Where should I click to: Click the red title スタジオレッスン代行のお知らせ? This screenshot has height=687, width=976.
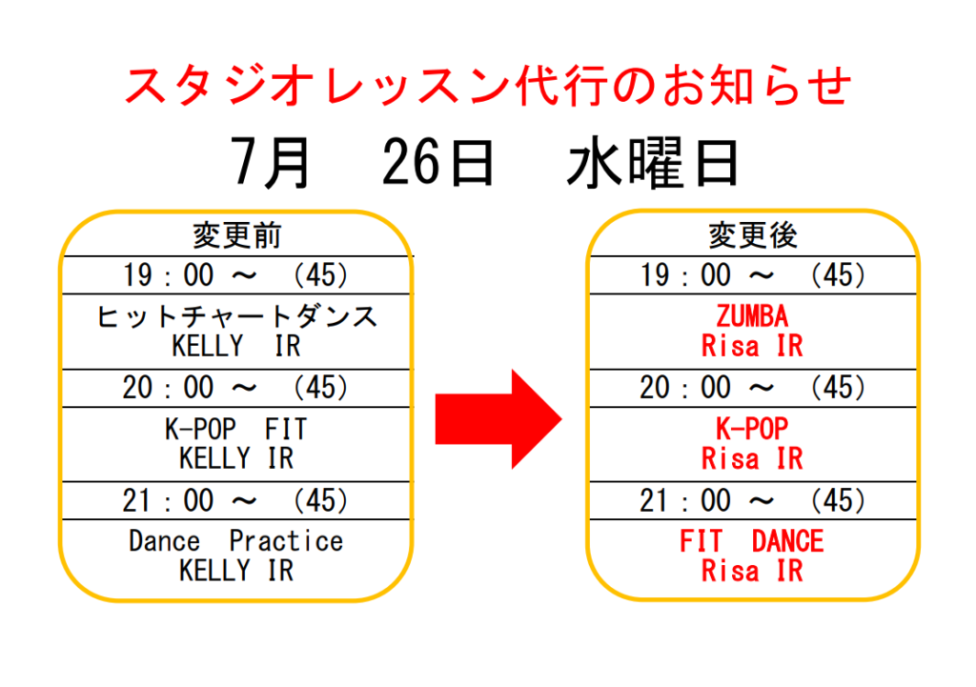(x=488, y=85)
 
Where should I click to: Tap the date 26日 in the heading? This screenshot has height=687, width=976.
(x=438, y=162)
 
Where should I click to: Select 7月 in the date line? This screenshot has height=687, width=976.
(x=270, y=162)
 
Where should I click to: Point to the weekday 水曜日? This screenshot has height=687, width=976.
(x=653, y=163)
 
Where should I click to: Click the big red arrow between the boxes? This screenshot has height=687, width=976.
(x=498, y=419)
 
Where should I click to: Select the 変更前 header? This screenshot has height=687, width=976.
(x=236, y=235)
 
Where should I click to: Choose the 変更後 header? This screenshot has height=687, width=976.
(x=753, y=235)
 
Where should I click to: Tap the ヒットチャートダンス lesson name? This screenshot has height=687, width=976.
(x=236, y=316)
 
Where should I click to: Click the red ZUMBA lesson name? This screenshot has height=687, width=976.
(x=753, y=316)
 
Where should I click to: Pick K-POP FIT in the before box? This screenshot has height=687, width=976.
(x=236, y=430)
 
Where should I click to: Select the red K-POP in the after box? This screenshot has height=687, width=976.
(x=753, y=429)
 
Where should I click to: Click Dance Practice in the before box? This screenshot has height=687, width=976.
(x=236, y=541)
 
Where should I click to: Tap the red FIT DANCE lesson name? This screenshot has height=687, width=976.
(x=752, y=541)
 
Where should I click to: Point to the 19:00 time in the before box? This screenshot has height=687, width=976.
(x=168, y=275)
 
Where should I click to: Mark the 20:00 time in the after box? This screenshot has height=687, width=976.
(x=684, y=388)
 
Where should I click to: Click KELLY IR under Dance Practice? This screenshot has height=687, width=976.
(x=236, y=571)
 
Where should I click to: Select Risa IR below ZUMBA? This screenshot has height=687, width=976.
(x=753, y=346)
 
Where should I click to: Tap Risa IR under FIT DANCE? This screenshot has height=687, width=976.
(x=753, y=571)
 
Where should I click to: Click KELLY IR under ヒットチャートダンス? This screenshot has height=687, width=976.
(x=236, y=346)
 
